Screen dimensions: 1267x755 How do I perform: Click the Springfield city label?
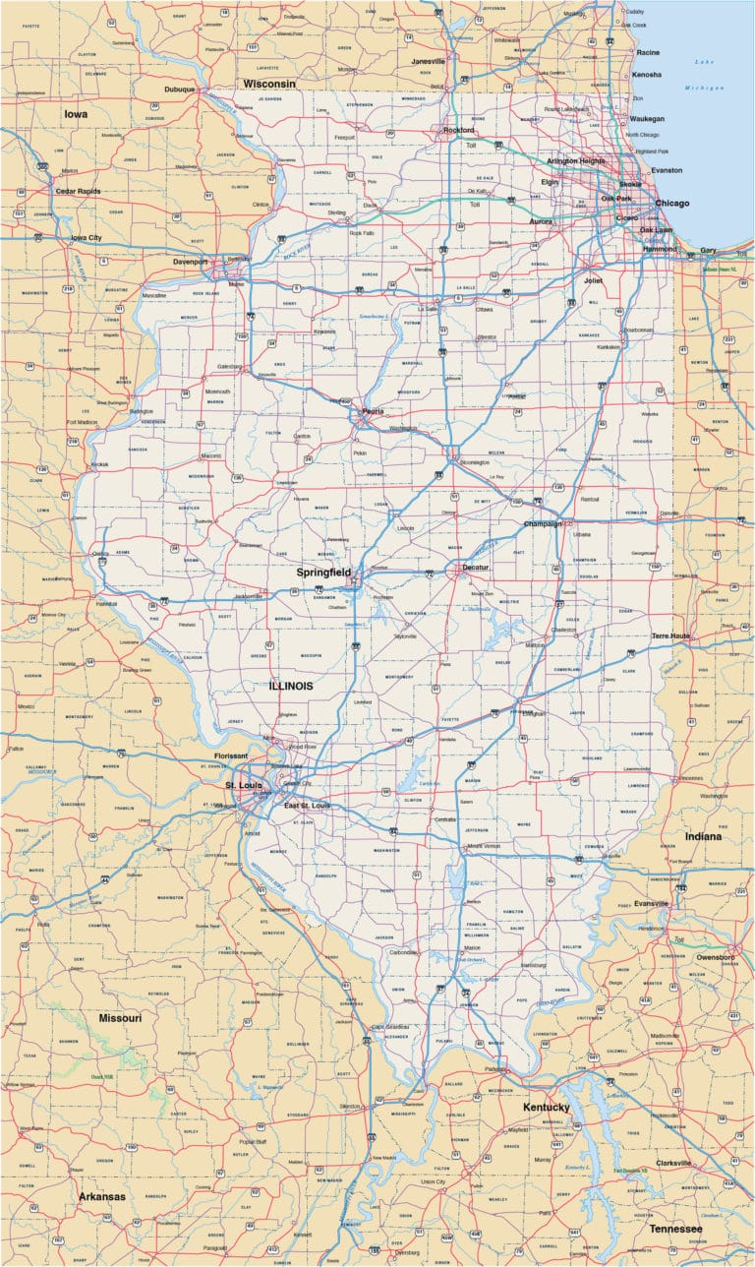click(323, 571)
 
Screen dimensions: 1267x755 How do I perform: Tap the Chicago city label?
click(672, 204)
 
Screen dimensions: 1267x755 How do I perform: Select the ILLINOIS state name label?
click(291, 686)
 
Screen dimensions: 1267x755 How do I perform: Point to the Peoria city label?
click(372, 411)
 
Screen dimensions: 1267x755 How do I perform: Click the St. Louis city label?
click(243, 785)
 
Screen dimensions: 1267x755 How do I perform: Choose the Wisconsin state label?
click(269, 84)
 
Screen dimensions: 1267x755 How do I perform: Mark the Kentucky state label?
click(547, 1107)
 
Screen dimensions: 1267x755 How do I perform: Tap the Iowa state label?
click(76, 114)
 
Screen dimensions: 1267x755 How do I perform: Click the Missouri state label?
click(120, 1017)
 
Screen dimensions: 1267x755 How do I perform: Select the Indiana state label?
click(704, 836)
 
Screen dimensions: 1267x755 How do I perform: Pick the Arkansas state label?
click(102, 1196)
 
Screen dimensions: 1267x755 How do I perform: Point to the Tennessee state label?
click(675, 1229)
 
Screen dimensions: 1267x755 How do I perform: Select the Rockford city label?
click(457, 130)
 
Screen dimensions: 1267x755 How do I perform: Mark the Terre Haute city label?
click(669, 636)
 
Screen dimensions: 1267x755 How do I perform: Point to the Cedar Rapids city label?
click(80, 191)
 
